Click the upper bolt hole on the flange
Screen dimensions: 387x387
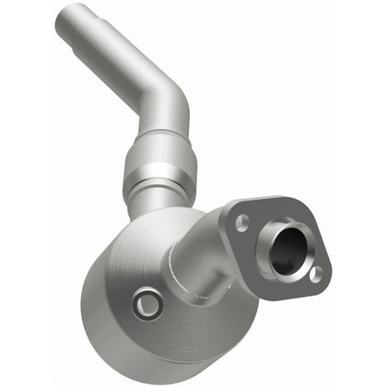[x=242, y=221]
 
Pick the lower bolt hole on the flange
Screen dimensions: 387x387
[x=315, y=274]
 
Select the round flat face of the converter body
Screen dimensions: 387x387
[x=138, y=276]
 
